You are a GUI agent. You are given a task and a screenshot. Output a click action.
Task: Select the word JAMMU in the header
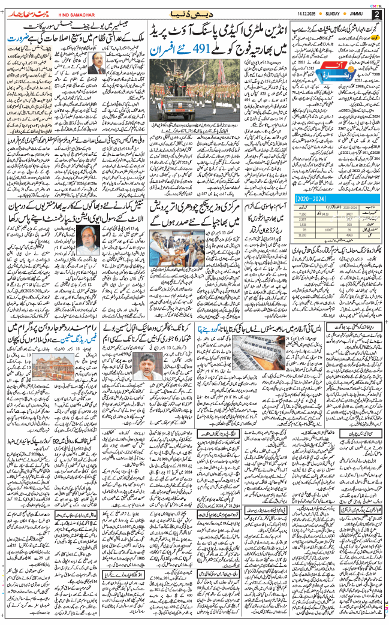354,13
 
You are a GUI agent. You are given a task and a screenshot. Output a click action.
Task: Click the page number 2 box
376,14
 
